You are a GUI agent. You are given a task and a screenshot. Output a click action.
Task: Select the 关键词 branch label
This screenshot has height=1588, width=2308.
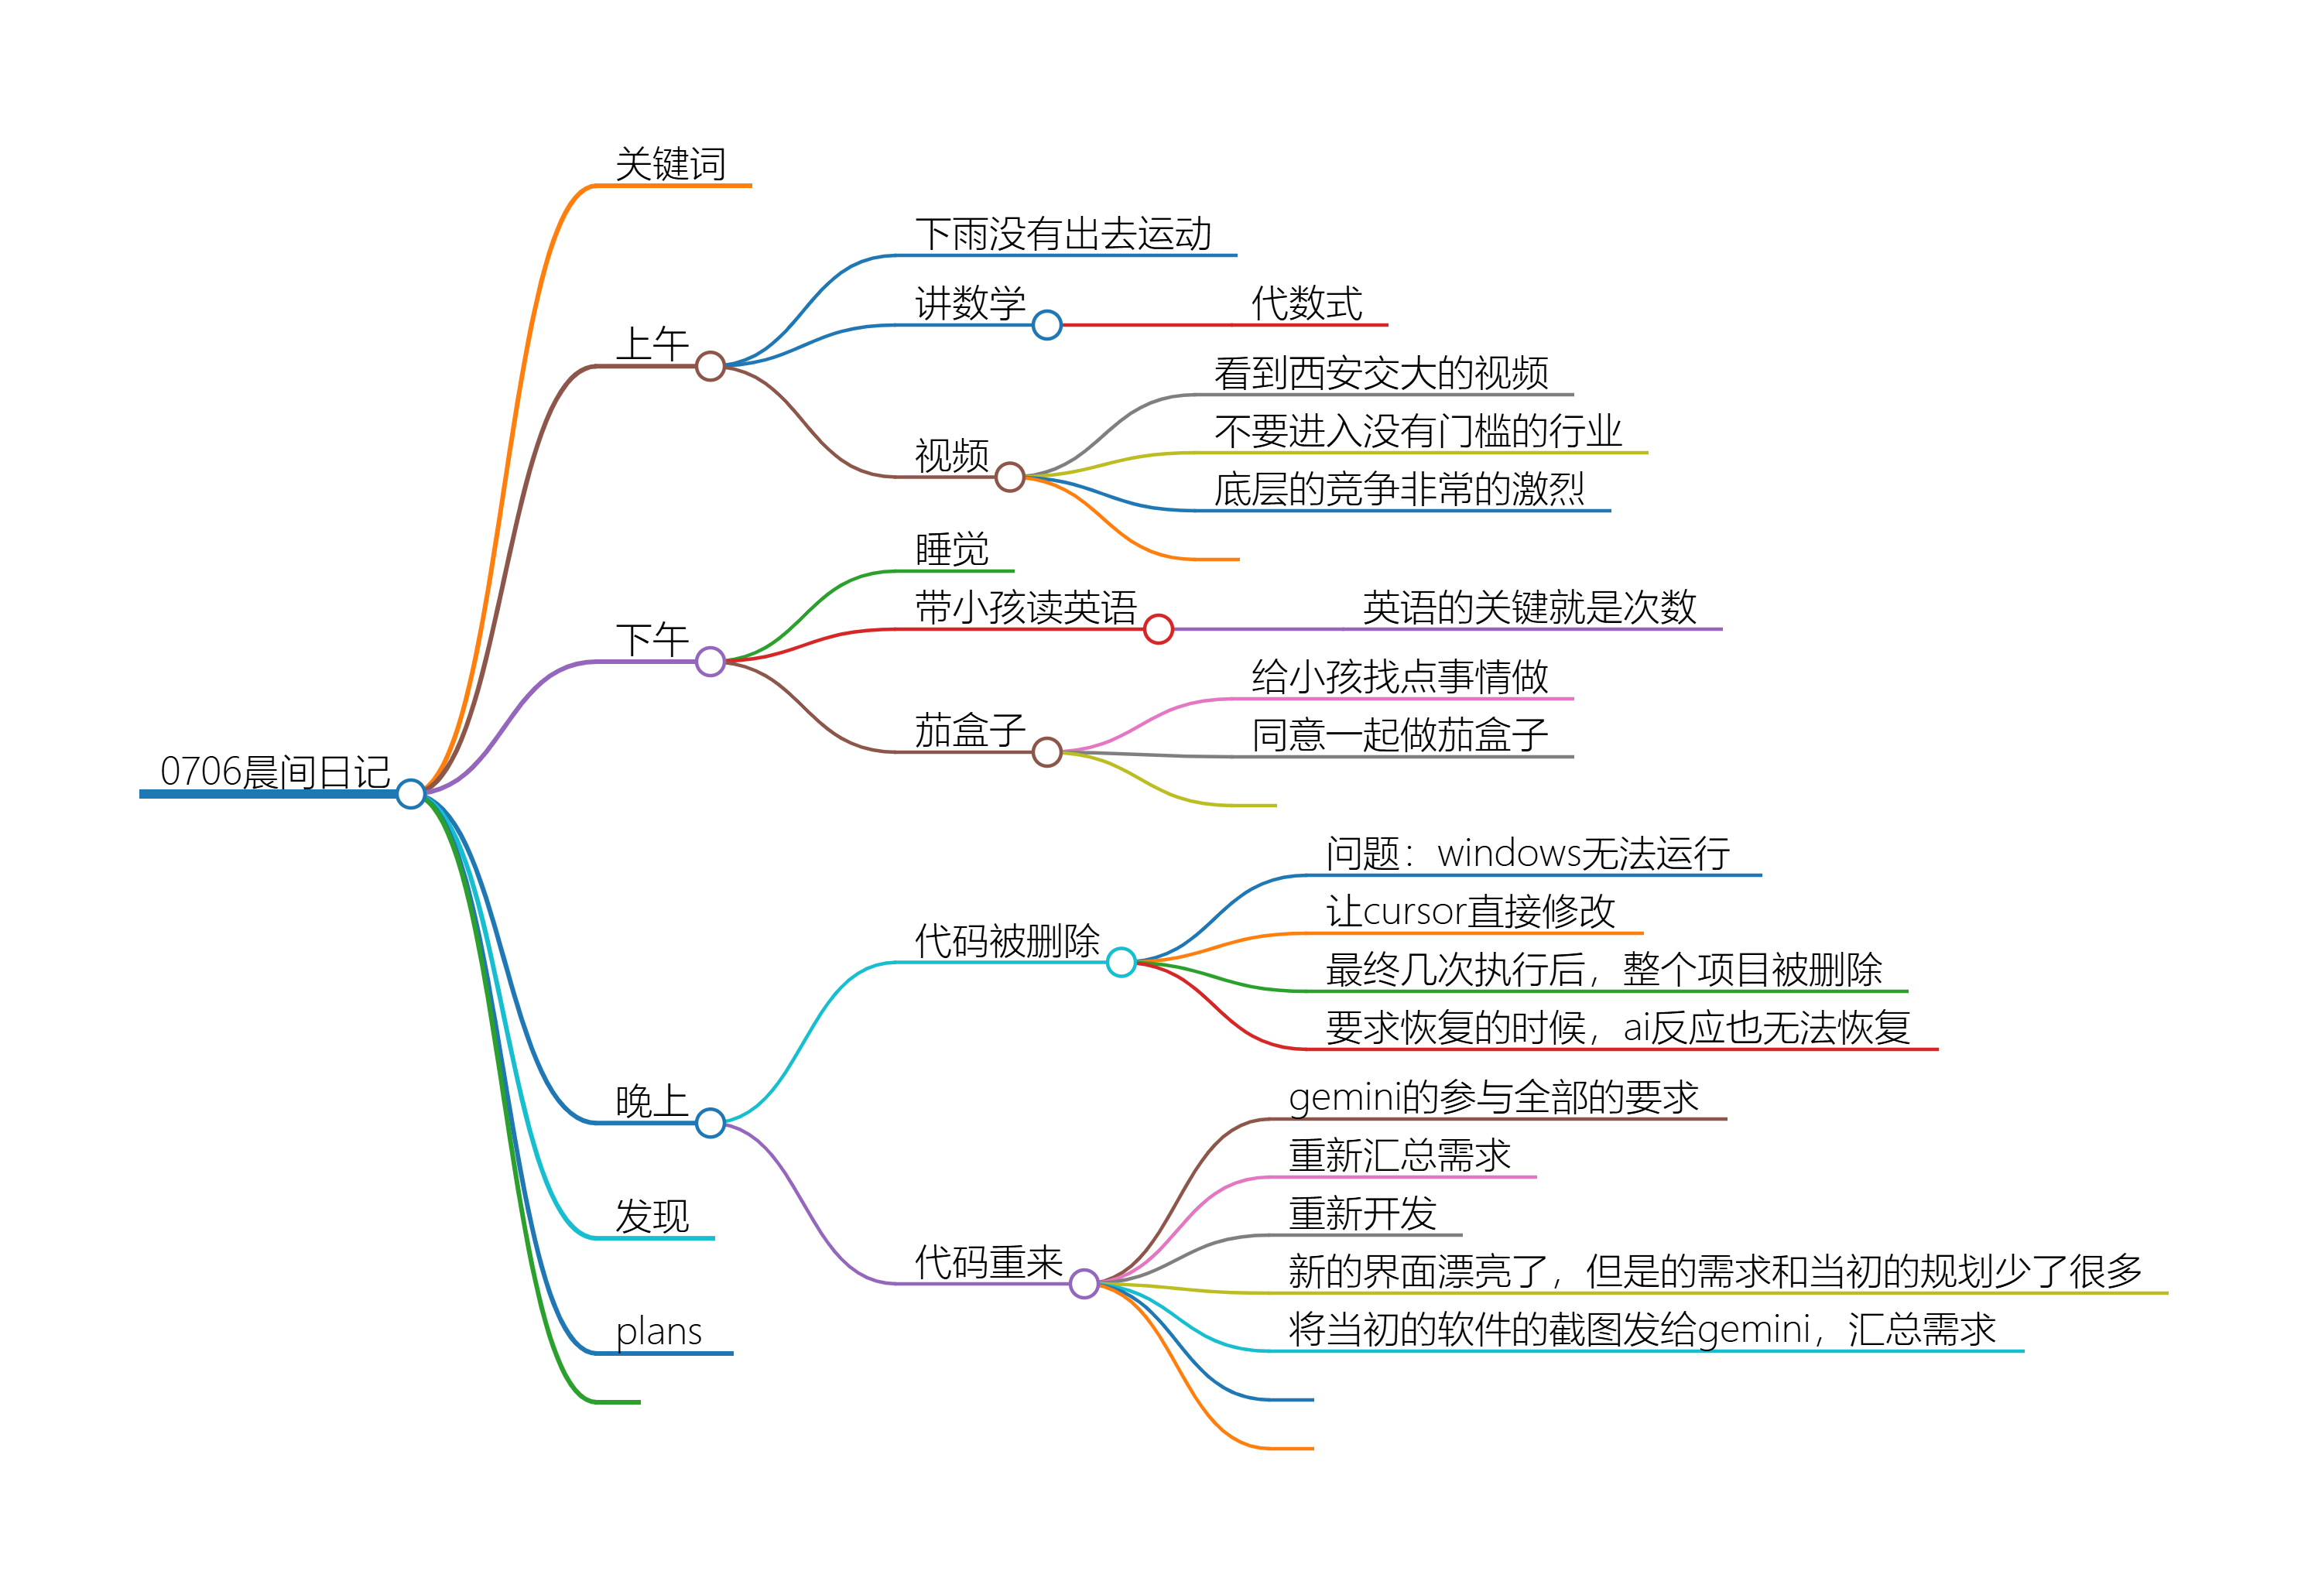click(x=670, y=164)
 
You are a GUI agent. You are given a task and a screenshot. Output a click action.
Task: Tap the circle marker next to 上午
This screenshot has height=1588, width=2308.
click(x=711, y=366)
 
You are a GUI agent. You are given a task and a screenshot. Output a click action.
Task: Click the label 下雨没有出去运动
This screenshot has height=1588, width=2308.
click(x=1063, y=234)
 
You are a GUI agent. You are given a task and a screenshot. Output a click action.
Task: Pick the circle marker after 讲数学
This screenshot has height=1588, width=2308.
click(x=1046, y=324)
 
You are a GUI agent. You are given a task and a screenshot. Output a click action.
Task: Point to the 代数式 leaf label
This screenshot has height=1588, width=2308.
click(x=1306, y=303)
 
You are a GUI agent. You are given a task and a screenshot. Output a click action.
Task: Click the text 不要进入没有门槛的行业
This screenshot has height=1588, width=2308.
click(x=1418, y=431)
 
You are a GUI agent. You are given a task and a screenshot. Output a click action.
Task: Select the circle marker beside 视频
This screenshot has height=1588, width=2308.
click(x=1010, y=477)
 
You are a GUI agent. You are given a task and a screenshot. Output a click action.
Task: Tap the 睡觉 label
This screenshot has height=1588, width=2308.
click(x=952, y=549)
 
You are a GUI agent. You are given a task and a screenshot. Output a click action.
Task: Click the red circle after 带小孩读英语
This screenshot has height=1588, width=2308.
click(x=1158, y=629)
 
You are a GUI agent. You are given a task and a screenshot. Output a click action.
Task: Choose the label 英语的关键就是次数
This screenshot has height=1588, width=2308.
click(x=1529, y=607)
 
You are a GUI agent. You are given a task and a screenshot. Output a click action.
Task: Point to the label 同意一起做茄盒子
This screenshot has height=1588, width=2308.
click(x=1399, y=734)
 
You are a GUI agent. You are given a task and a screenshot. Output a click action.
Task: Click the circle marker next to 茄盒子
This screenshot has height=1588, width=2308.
click(x=1046, y=752)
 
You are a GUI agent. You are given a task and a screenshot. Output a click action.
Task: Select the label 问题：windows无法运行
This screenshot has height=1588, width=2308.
click(x=1528, y=854)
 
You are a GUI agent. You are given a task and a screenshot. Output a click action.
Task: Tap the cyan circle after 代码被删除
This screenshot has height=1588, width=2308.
click(x=1121, y=962)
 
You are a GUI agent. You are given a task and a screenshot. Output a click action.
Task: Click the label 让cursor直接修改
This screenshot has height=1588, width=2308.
click(x=1471, y=912)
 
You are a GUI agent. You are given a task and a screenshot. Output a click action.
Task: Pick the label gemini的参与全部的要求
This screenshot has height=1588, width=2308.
click(x=1493, y=1097)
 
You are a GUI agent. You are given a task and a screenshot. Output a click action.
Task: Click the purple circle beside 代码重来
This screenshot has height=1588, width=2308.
click(x=1084, y=1284)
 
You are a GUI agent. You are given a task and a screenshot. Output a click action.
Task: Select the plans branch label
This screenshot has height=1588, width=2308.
click(x=659, y=1331)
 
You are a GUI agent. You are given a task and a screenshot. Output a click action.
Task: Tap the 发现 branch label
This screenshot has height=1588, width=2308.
click(x=652, y=1216)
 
